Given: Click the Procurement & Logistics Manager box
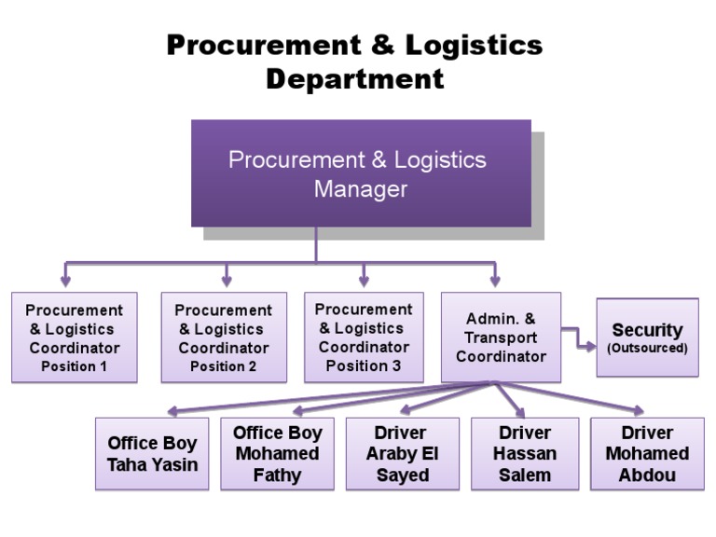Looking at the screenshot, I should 361,173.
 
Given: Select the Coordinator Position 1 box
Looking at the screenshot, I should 75,337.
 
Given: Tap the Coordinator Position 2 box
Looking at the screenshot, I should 223,337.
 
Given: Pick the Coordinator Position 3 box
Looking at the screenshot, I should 364,337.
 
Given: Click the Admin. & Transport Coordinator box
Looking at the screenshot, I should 501,337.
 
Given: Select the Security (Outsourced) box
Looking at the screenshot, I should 647,337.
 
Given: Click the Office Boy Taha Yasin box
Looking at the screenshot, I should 153,454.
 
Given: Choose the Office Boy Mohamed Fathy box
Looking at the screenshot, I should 277,454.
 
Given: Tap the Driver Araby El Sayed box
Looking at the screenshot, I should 402,454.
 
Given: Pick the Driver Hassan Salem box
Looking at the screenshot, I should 525,454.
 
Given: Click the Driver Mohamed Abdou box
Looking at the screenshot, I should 647,454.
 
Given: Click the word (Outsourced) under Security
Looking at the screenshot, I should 647,349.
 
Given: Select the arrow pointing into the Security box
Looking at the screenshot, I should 585,347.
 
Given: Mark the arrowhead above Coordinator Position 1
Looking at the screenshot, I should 65,279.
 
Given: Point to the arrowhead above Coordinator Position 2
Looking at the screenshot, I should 227,279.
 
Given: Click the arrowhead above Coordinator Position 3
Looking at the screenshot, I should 364,279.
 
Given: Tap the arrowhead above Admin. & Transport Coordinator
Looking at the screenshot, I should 494,279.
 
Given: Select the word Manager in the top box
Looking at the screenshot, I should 360,189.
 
